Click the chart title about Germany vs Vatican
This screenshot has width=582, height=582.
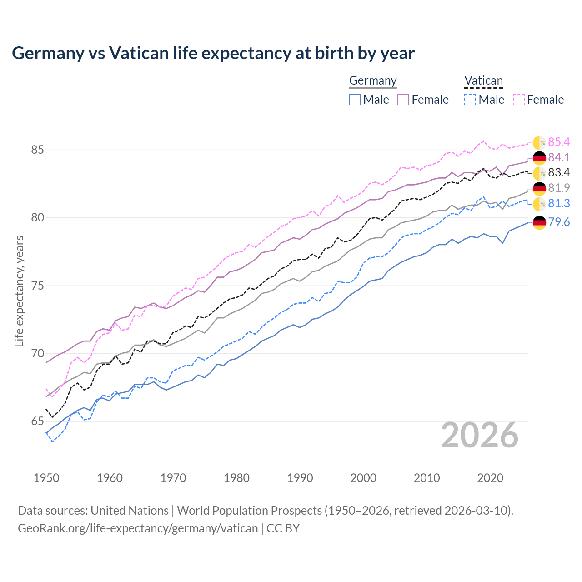213,53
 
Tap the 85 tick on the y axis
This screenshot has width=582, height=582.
37,150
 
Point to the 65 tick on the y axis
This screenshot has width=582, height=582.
37,421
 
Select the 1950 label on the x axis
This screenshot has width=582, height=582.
46,478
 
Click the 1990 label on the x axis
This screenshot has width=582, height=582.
300,478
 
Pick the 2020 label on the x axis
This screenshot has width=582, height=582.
490,478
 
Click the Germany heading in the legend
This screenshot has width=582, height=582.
373,80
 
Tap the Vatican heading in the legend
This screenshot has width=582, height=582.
483,80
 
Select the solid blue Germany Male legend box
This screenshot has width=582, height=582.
355,100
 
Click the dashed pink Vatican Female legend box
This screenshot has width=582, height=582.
519,100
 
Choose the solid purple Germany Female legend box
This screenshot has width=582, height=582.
403,100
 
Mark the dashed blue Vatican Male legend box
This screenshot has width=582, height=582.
470,100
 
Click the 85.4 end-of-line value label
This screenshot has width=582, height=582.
559,142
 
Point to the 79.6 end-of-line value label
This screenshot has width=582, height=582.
559,222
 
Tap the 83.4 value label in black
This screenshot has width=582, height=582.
559,173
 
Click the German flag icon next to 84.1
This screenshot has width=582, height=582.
539,158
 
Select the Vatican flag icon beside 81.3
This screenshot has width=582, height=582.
539,204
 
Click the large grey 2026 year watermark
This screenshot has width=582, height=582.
480,436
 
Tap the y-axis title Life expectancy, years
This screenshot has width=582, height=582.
19,291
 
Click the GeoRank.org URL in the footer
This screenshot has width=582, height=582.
138,528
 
